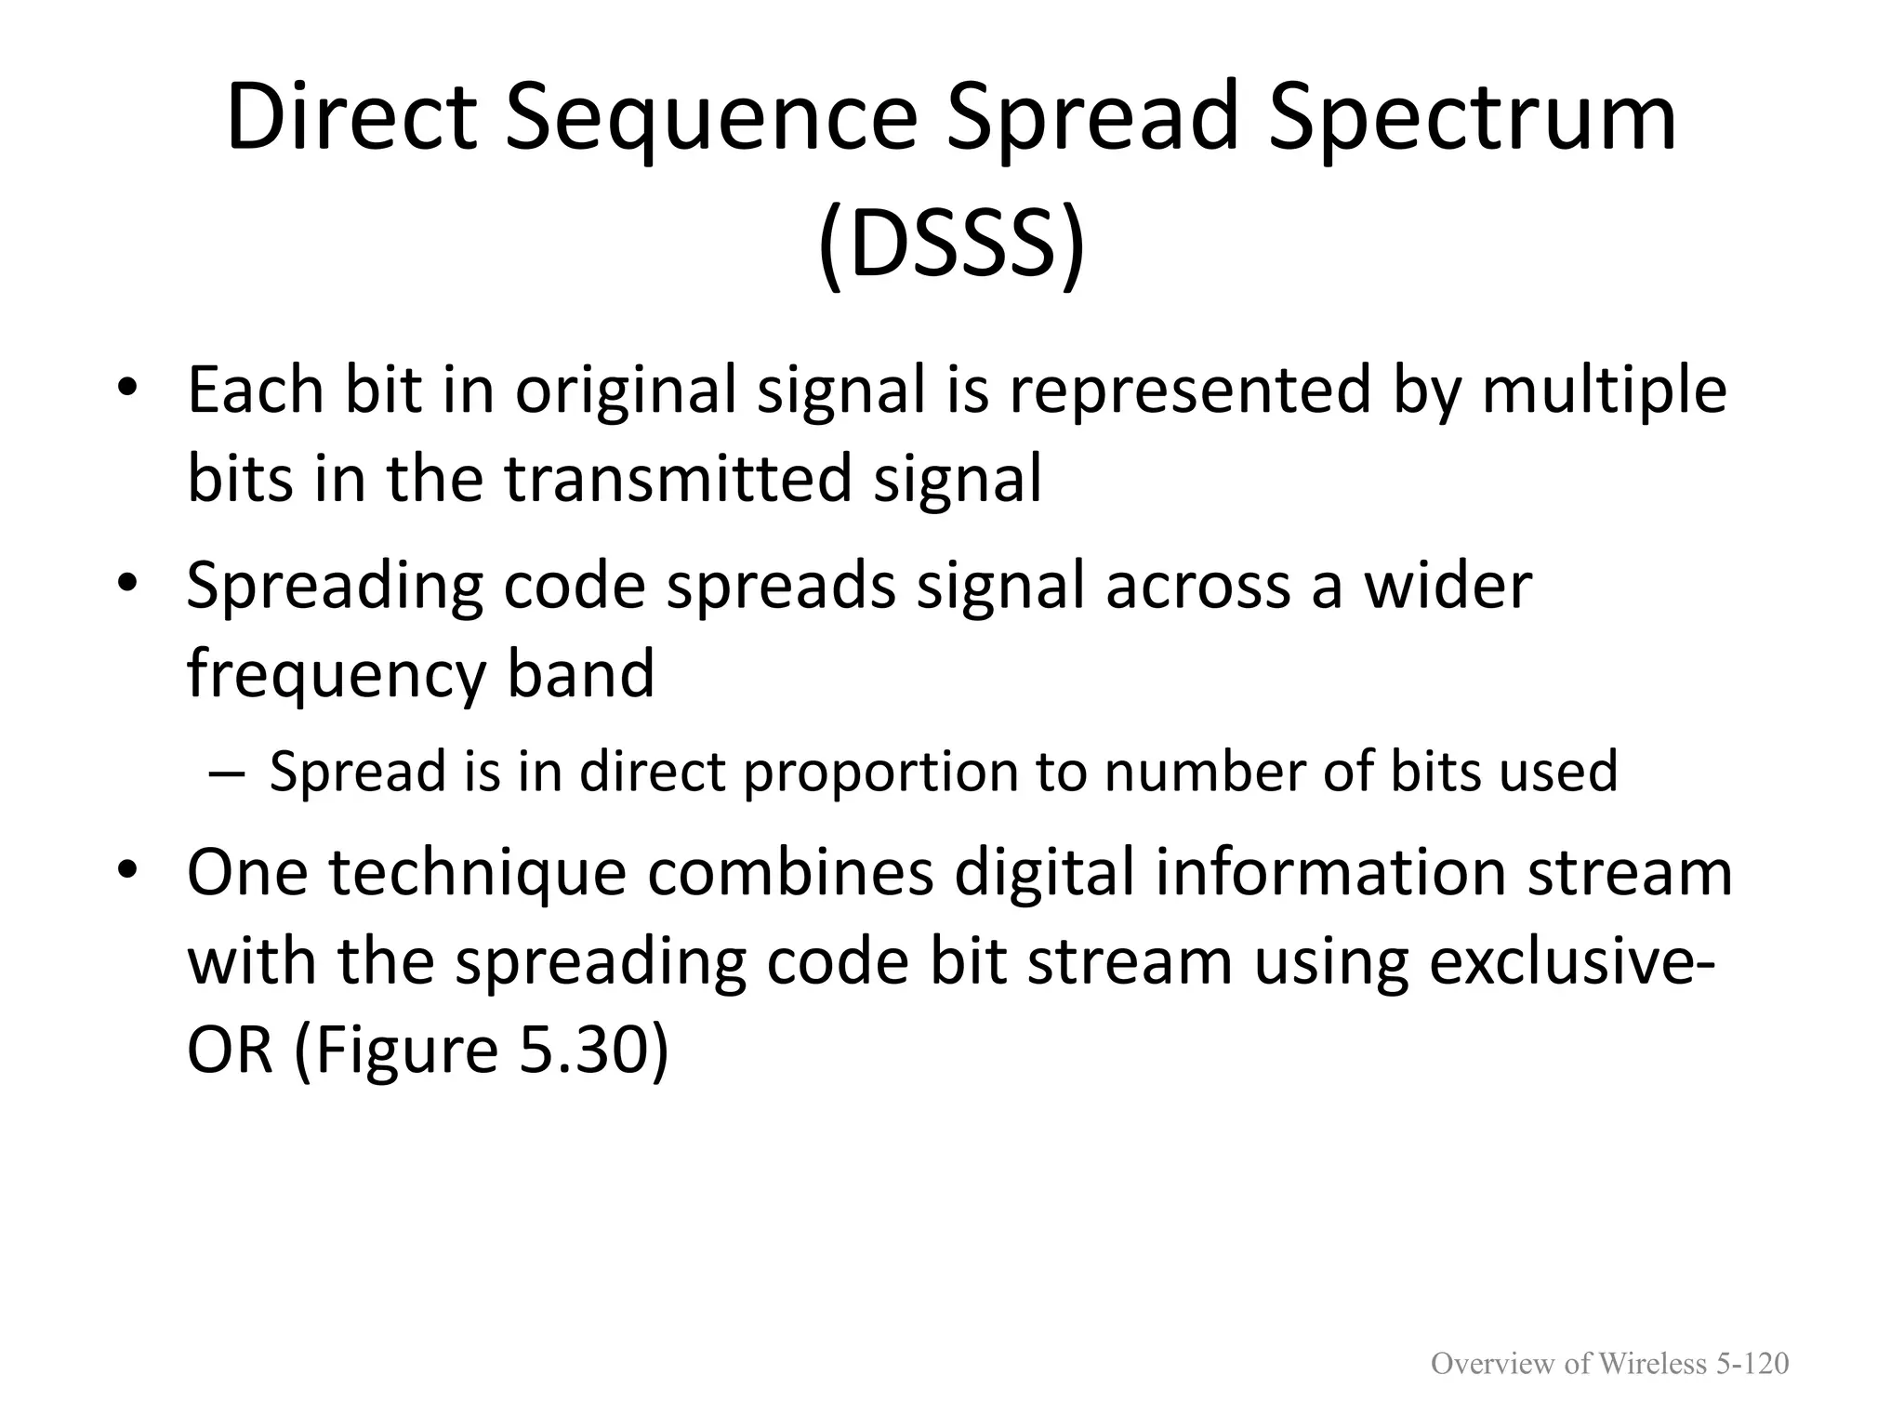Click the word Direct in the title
coord(351,118)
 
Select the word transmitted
coord(678,478)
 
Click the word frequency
coord(336,673)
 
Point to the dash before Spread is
coord(224,773)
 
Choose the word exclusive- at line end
coord(1571,961)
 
